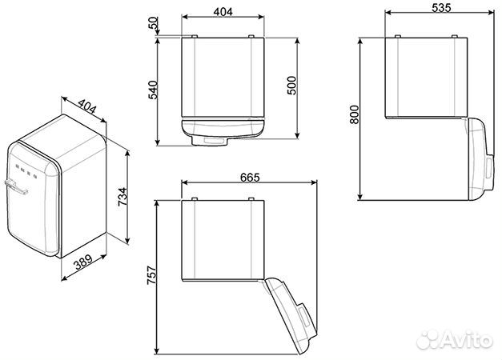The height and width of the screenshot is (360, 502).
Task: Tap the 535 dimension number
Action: [x=440, y=8]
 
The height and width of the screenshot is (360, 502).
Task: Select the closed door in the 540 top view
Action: [x=222, y=129]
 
